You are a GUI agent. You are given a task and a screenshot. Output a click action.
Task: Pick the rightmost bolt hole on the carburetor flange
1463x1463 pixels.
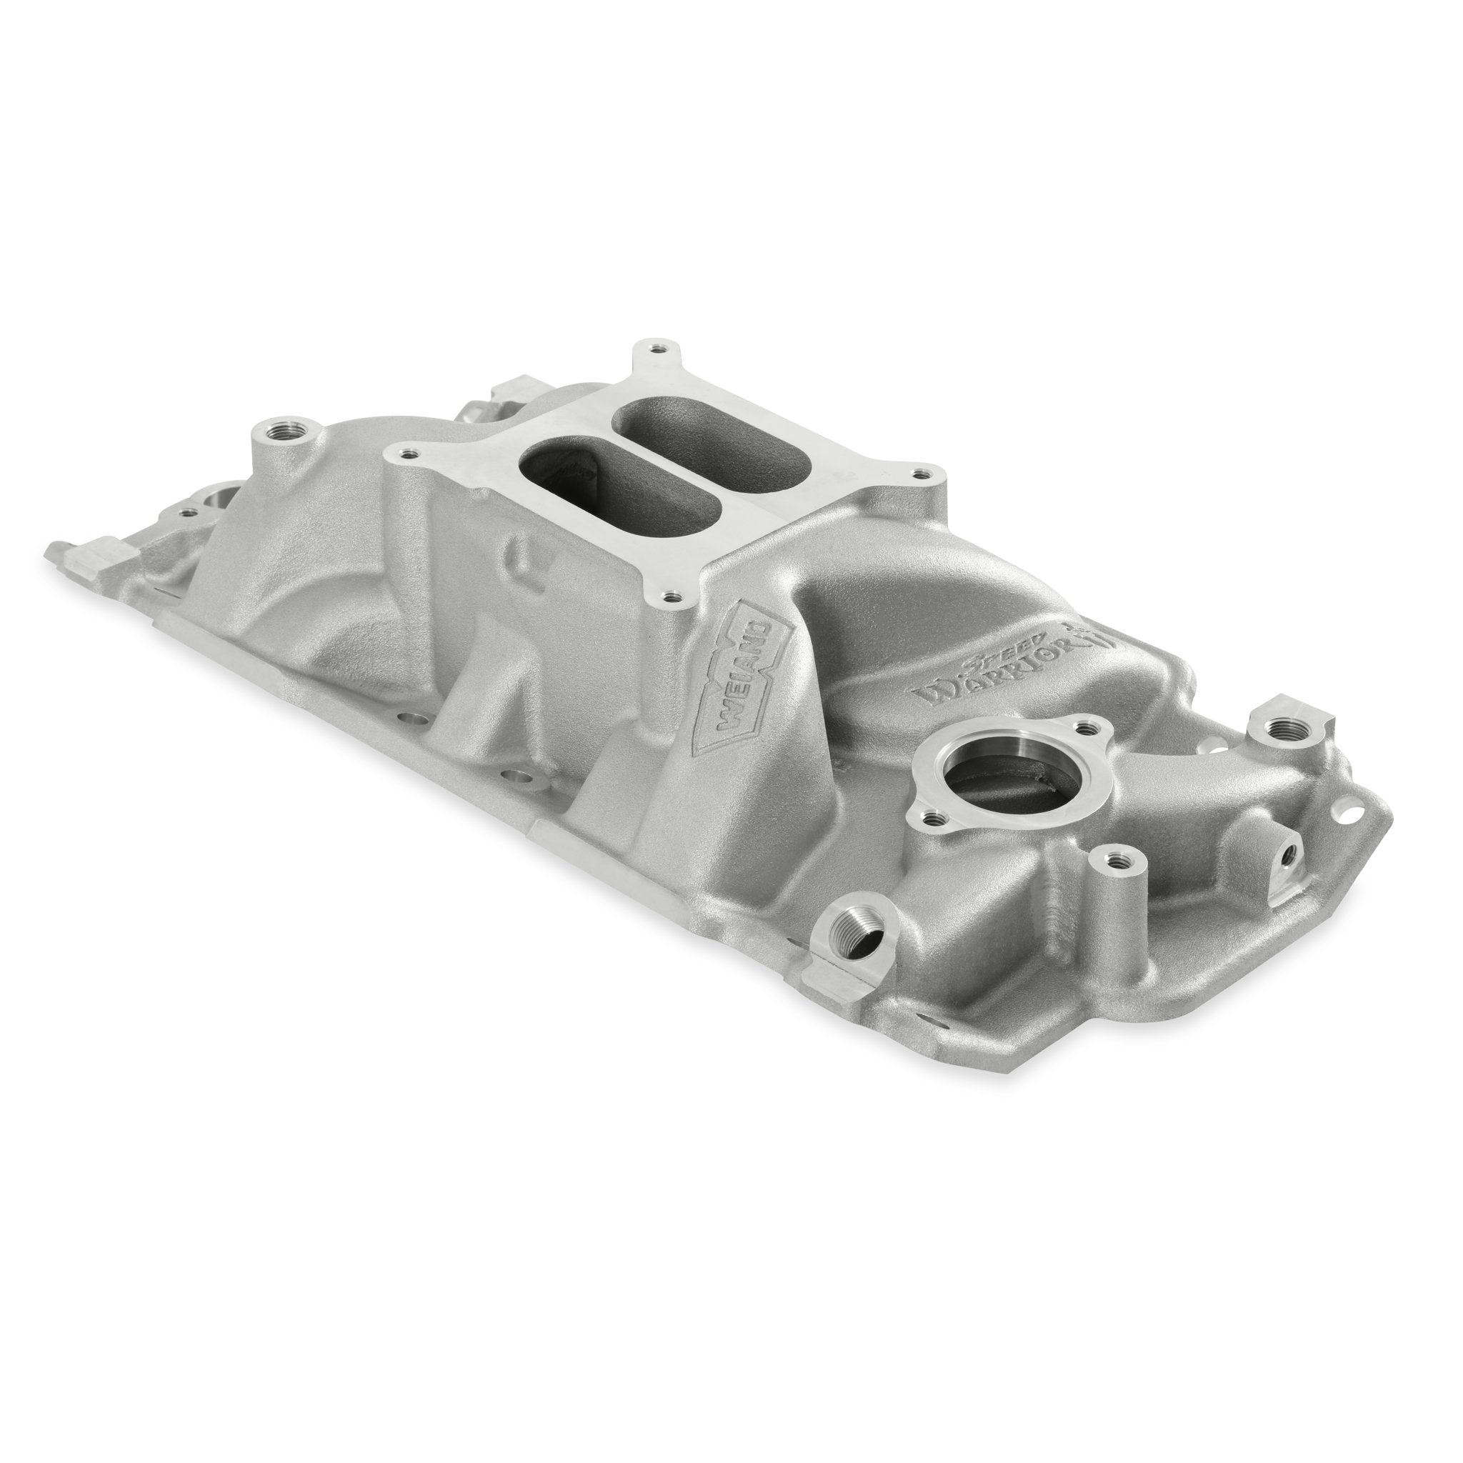coord(919,474)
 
